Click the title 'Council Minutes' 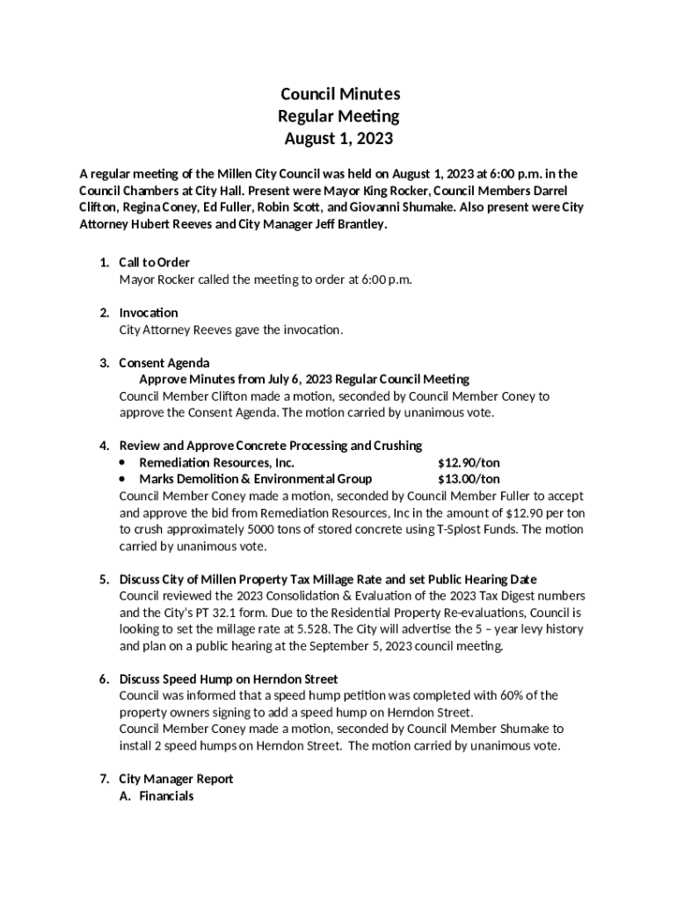(338, 94)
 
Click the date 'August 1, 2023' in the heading (338, 139)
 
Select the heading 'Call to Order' (155, 263)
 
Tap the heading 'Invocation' (149, 313)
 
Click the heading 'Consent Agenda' (164, 363)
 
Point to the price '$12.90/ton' (470, 462)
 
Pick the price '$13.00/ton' (470, 479)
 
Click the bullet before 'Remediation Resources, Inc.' (121, 462)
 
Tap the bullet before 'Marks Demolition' (121, 479)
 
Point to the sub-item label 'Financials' (166, 796)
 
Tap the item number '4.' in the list (104, 446)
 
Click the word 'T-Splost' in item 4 (462, 529)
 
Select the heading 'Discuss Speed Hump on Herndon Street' (229, 679)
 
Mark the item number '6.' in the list (104, 679)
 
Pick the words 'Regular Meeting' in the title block (338, 116)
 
